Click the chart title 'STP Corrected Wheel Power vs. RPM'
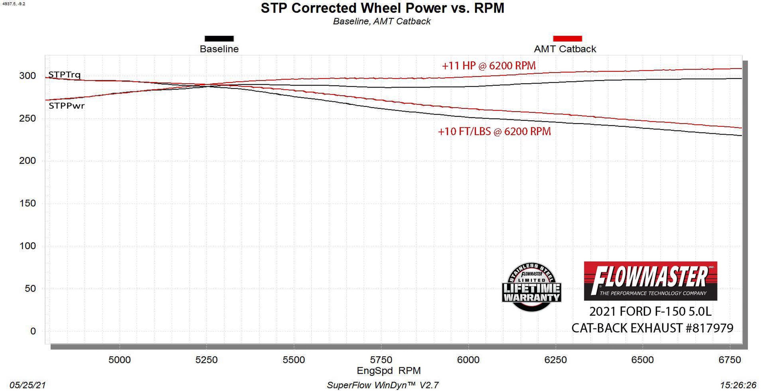(382, 8)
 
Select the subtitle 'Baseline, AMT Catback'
(382, 21)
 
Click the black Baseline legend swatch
(219, 39)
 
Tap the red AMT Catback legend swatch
(567, 39)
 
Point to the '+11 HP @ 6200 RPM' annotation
(489, 66)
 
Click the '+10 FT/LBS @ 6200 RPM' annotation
(495, 131)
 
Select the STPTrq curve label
(64, 75)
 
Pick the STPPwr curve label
(67, 106)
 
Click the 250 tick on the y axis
(28, 118)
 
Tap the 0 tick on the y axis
(33, 331)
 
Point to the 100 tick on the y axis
(28, 246)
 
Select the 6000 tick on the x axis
(468, 360)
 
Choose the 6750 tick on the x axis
(730, 360)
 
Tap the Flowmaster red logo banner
(651, 281)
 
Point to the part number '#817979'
(710, 328)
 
